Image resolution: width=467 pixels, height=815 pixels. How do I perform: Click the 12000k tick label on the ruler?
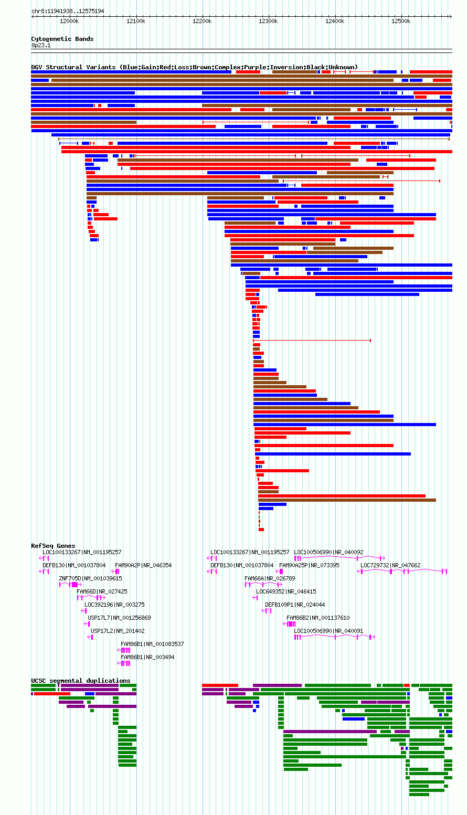tap(69, 21)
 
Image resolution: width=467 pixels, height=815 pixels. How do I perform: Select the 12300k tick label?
tap(268, 21)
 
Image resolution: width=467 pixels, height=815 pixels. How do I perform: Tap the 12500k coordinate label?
tap(401, 21)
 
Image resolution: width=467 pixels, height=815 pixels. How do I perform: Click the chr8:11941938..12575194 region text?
tap(68, 11)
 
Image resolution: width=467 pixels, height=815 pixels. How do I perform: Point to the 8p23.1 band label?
tap(41, 45)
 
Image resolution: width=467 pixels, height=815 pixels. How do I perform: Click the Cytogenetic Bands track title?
tap(62, 39)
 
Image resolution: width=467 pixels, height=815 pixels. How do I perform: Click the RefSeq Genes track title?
tap(53, 545)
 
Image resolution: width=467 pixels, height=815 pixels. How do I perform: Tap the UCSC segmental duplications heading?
tap(81, 680)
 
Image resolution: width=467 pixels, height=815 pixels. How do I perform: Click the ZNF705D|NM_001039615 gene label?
tap(91, 578)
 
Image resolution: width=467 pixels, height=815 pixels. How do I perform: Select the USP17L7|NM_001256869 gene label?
tap(119, 618)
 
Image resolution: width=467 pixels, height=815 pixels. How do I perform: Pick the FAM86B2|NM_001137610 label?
tap(319, 618)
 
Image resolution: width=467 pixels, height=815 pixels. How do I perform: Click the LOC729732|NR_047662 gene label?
tap(390, 565)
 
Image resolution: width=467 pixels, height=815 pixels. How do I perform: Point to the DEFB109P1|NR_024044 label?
tap(295, 605)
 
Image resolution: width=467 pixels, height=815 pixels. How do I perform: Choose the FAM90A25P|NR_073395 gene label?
tap(309, 565)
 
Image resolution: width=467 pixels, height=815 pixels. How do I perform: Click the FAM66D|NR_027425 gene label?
tap(102, 591)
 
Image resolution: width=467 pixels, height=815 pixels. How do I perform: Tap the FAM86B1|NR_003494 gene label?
tap(147, 657)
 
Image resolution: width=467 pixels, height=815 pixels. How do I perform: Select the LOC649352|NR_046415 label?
tap(286, 591)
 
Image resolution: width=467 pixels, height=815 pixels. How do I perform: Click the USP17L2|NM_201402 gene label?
tap(118, 630)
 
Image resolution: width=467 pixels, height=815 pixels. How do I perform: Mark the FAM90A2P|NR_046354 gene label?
tap(143, 565)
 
